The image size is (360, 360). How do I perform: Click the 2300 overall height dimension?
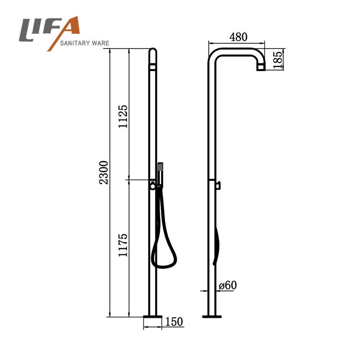tap(104, 173)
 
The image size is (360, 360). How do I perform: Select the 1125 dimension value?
tap(123, 117)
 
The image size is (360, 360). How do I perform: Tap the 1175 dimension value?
tap(123, 245)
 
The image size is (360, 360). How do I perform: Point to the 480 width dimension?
tap(238, 37)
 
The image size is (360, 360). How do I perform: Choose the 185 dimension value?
tap(278, 60)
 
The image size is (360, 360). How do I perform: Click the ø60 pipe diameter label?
tap(228, 286)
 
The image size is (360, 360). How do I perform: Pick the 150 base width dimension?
tap(174, 322)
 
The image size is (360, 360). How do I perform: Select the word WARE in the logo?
tap(100, 43)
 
